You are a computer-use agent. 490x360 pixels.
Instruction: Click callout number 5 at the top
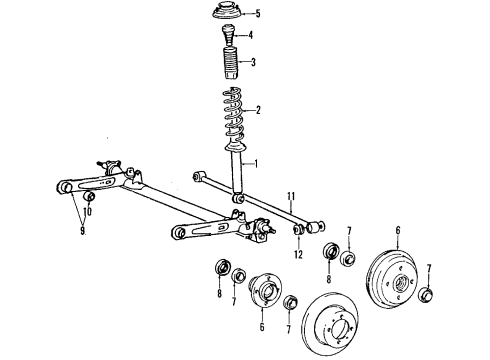[x=258, y=13]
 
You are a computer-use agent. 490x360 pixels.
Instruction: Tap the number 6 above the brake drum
[x=397, y=230]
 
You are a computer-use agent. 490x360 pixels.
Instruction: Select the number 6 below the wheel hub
[x=262, y=325]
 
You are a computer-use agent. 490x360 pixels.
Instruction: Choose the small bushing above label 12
[x=297, y=233]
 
